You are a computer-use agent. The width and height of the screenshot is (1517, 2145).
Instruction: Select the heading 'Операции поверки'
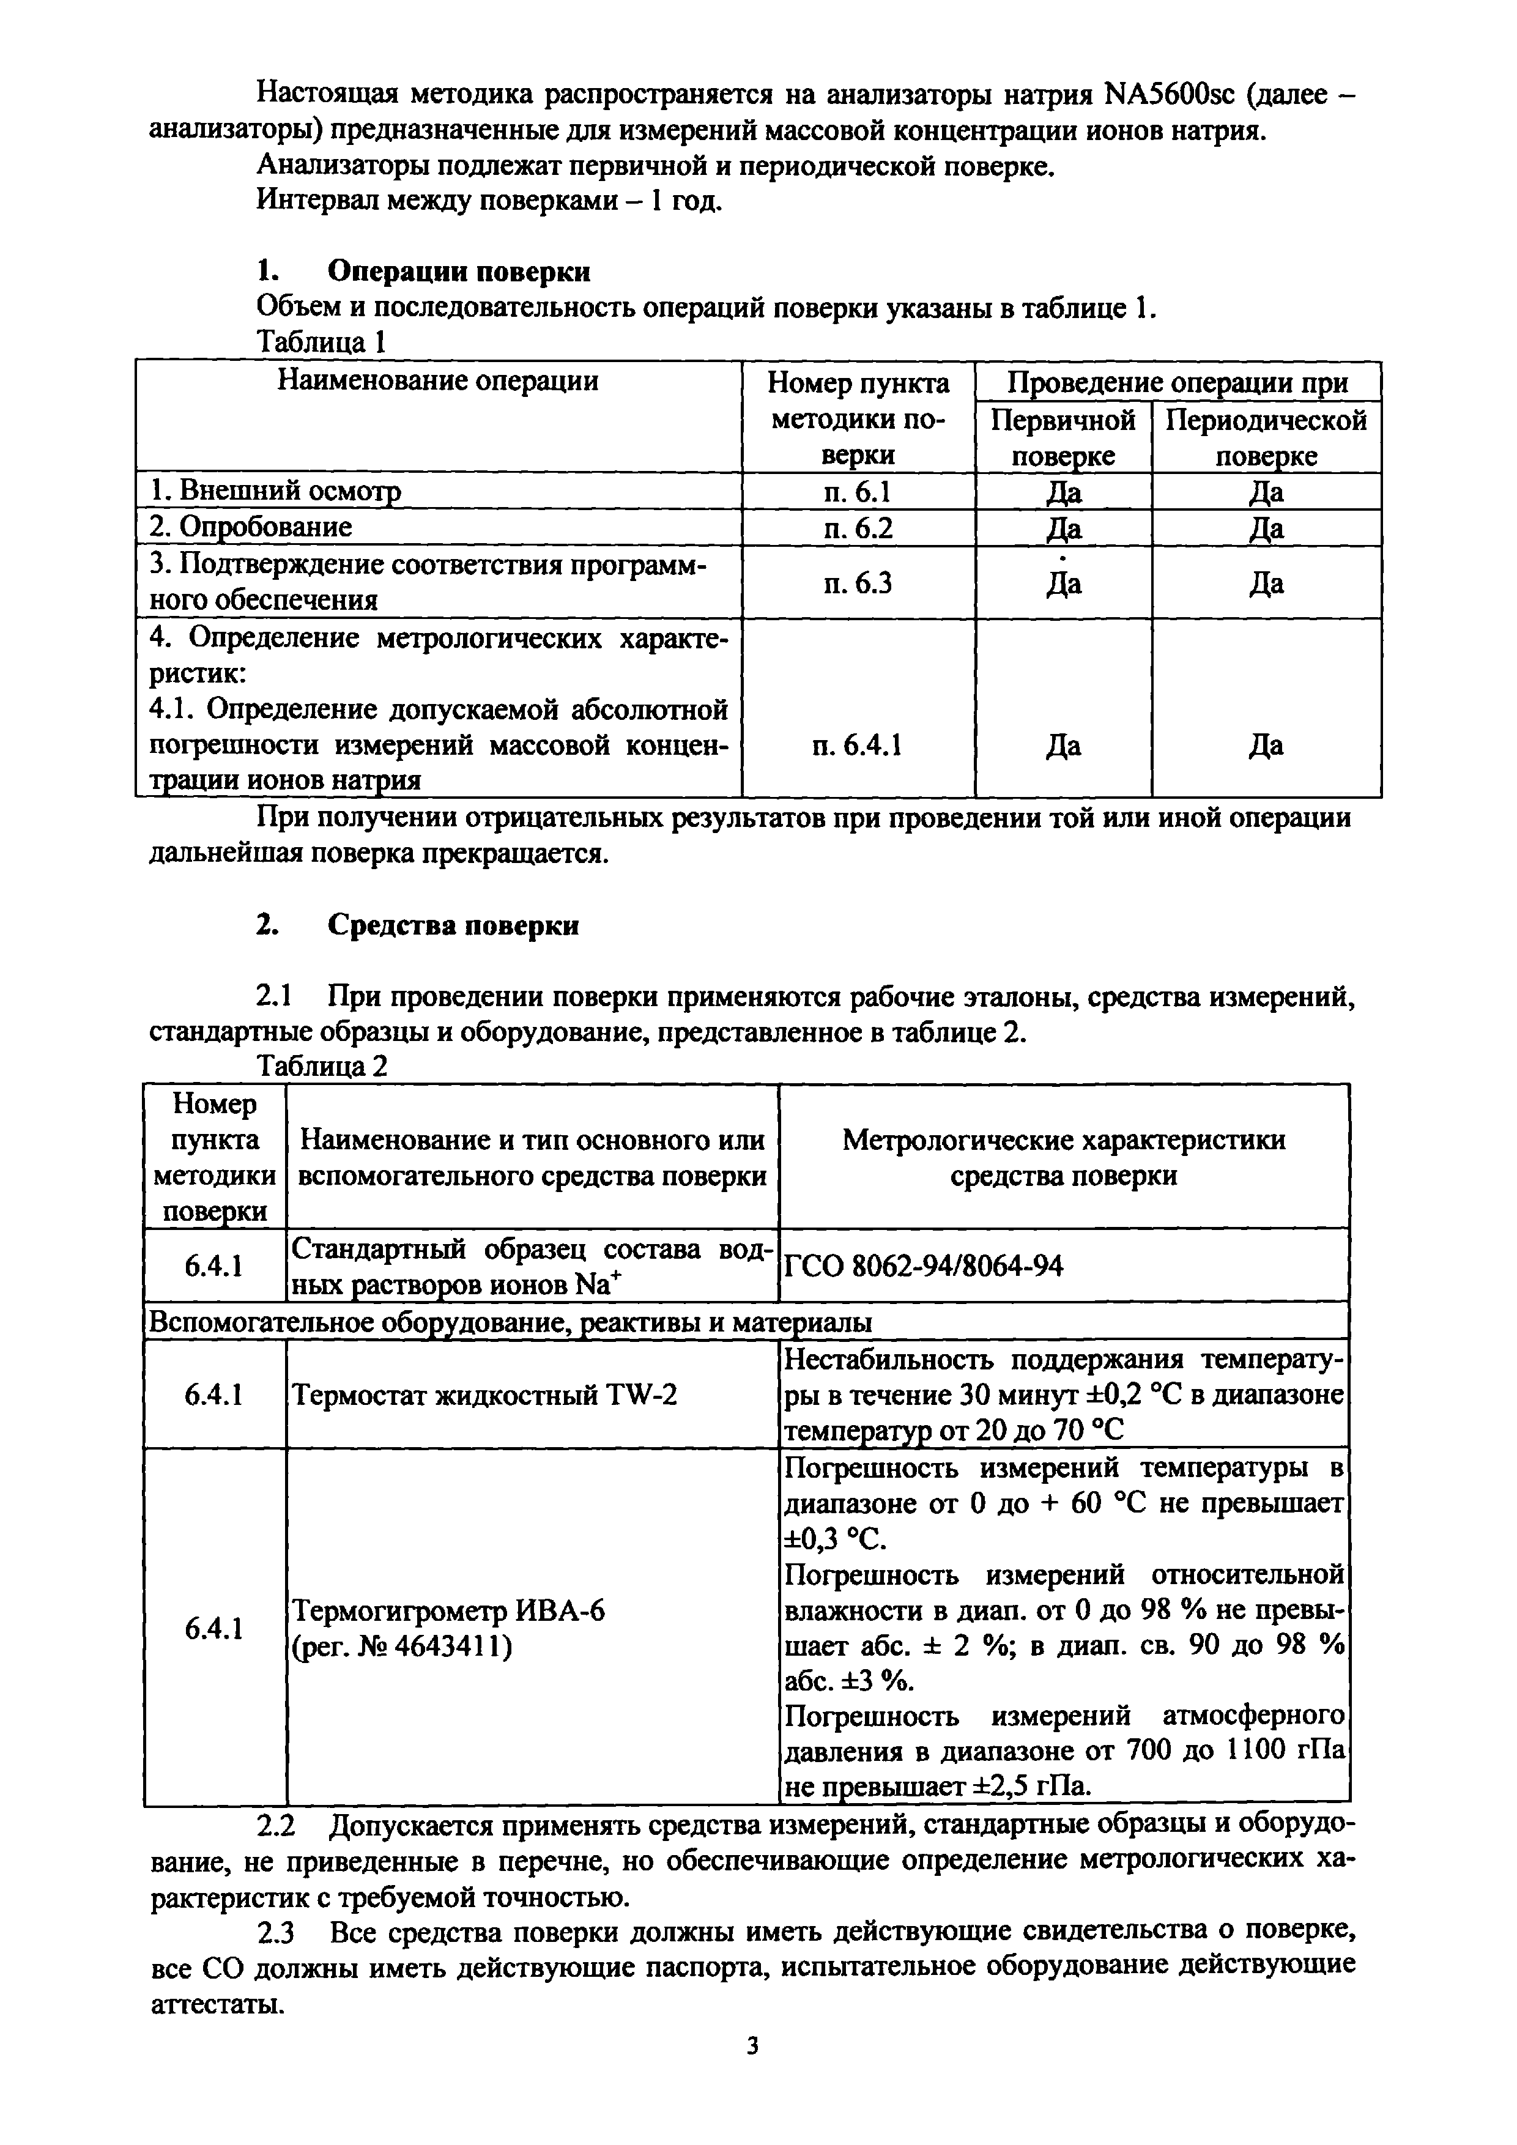[x=459, y=272]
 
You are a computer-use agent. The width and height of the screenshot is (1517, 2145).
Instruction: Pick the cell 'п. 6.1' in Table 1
[x=858, y=491]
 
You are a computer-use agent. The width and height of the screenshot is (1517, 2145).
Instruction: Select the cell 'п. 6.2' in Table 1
[x=858, y=528]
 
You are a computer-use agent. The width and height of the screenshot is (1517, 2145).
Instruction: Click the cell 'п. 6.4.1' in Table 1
[x=858, y=746]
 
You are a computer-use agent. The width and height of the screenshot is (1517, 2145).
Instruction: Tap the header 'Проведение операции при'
[x=1178, y=382]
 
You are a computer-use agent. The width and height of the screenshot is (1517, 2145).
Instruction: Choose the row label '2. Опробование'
[x=251, y=528]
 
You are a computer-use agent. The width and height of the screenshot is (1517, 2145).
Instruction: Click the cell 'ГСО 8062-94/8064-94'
[x=923, y=1267]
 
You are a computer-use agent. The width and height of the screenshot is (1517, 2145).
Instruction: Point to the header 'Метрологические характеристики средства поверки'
[x=1064, y=1157]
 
